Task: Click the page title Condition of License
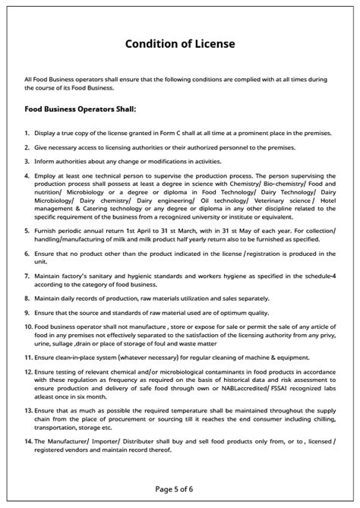(180, 44)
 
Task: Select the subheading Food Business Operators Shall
(80, 109)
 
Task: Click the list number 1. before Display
(27, 133)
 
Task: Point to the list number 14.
(28, 441)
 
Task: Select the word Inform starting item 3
(44, 161)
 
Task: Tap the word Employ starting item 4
(46, 175)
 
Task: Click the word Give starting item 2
(41, 147)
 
